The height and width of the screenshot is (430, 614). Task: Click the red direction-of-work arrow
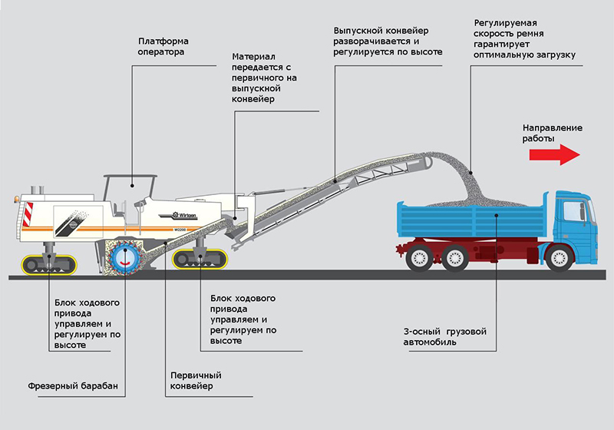(x=554, y=154)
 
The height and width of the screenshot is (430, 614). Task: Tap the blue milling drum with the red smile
(x=125, y=258)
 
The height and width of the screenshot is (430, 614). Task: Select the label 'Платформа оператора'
(x=163, y=47)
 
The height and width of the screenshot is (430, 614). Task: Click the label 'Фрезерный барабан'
(x=73, y=385)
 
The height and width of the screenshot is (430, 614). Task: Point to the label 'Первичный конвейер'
(x=196, y=381)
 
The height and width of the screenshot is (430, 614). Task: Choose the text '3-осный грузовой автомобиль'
(x=445, y=337)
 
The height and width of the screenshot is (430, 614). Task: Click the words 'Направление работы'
(x=552, y=133)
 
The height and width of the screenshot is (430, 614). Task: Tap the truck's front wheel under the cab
(x=560, y=258)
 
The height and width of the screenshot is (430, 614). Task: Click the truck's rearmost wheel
(x=420, y=258)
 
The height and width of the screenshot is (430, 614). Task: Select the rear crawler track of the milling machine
(x=49, y=264)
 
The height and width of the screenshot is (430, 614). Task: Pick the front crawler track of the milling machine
(x=200, y=260)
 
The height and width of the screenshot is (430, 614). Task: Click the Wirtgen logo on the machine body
(x=184, y=215)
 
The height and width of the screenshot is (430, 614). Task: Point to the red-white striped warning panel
(x=28, y=214)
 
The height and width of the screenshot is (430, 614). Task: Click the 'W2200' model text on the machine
(x=180, y=230)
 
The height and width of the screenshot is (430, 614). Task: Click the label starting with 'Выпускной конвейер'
(x=388, y=41)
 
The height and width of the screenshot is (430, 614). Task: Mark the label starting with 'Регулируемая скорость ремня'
(x=524, y=38)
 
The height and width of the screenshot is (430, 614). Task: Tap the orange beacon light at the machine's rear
(x=16, y=199)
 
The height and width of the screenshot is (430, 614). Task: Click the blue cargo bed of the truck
(x=474, y=220)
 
